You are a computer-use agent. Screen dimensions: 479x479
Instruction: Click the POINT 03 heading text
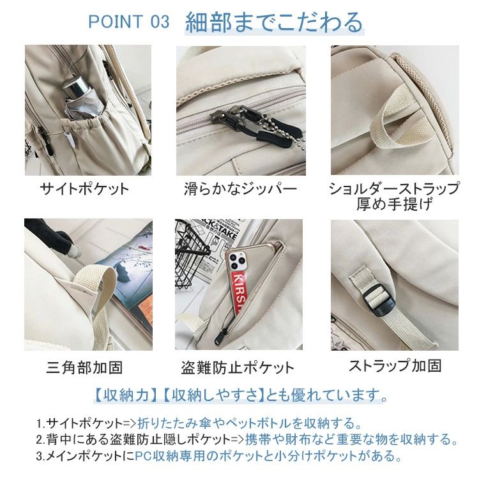point(128,22)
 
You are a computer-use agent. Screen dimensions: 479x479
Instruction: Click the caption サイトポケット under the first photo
point(84,189)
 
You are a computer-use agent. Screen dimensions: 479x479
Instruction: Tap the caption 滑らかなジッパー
point(240,189)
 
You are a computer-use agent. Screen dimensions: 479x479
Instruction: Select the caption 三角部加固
point(84,367)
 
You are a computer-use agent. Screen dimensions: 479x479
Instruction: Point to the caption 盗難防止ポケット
point(238,367)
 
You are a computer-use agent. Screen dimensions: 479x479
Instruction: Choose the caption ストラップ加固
point(395,365)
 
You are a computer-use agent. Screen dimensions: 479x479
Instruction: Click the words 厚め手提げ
point(395,204)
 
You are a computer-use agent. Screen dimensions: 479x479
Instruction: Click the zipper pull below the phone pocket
point(221,335)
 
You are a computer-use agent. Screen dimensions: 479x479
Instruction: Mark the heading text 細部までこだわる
point(274,22)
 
